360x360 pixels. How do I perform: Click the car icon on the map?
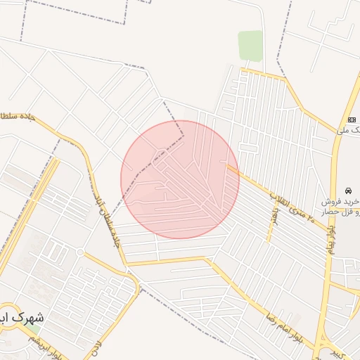click(348, 191)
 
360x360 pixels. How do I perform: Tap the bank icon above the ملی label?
click(352, 120)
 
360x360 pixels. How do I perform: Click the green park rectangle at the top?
click(250, 46)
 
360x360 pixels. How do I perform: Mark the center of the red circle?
click(180, 179)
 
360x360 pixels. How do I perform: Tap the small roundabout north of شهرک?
click(80, 252)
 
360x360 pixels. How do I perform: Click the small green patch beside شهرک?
click(32, 329)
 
